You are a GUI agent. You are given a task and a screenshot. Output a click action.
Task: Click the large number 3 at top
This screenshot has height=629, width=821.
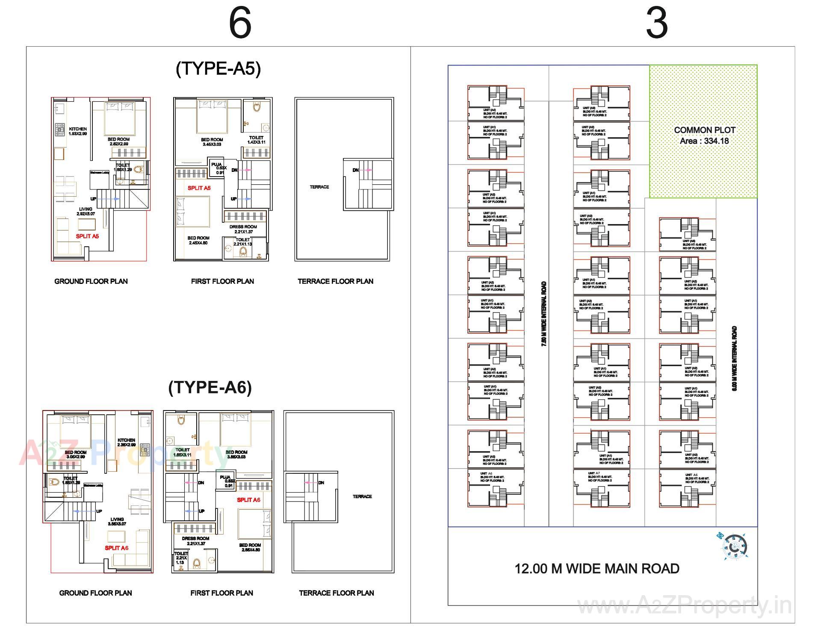[x=656, y=24]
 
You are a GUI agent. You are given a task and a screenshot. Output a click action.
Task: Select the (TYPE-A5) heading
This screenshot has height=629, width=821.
[x=218, y=68]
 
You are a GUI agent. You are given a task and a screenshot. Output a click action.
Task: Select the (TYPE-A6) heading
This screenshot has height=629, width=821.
[x=210, y=387]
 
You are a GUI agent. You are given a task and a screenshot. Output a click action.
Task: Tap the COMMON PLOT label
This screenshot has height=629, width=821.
[x=704, y=130]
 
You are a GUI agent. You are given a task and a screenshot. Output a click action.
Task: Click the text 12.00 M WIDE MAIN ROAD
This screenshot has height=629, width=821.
[x=597, y=569]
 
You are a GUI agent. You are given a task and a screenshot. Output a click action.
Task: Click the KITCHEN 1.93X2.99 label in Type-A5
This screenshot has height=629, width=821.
[x=77, y=131]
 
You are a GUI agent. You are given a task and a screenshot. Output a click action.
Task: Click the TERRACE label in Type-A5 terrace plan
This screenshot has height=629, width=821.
[x=319, y=187]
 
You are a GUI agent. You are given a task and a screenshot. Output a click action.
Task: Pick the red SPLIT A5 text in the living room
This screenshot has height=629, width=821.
[x=87, y=236]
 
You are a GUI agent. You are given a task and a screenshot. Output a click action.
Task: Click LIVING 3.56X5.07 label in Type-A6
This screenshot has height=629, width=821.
[x=117, y=522]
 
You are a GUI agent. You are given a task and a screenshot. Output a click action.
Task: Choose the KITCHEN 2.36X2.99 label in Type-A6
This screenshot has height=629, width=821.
[x=126, y=442]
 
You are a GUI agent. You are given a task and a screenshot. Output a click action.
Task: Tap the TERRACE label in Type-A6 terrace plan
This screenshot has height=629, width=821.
[x=362, y=496]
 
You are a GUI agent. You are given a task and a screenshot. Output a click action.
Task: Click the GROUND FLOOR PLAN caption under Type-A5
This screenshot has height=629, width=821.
[x=91, y=281]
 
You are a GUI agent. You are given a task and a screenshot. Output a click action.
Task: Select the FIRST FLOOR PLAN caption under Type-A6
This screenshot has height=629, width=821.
[x=221, y=593]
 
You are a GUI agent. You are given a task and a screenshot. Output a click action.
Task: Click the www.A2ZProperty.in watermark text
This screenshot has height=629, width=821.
[x=684, y=606]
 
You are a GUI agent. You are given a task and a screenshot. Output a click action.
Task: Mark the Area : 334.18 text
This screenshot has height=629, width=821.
[x=704, y=141]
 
